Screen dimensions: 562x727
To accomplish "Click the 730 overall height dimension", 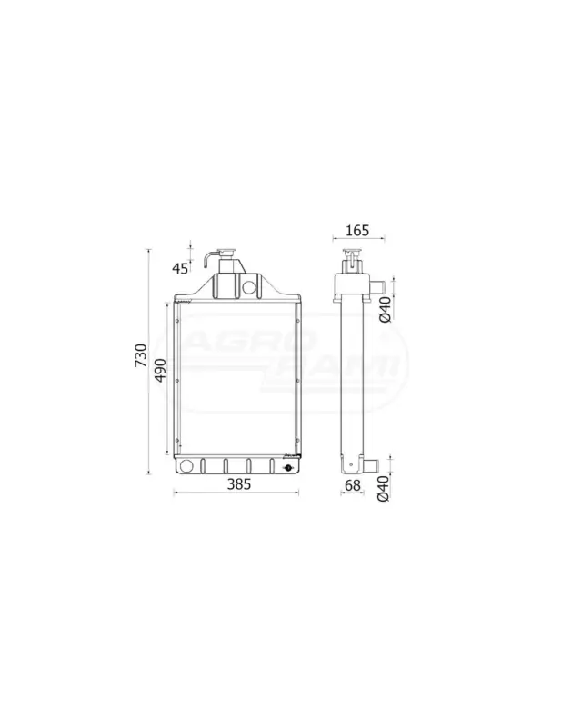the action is click(x=141, y=355).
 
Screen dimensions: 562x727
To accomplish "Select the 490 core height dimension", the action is click(x=160, y=370).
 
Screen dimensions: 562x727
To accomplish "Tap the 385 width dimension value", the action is click(x=239, y=484).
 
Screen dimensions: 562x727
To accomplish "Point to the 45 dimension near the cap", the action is click(x=180, y=268).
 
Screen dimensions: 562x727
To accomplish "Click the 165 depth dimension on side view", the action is click(x=357, y=230).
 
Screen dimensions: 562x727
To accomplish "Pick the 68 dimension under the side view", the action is click(x=353, y=485).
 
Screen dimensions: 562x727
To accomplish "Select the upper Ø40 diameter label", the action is click(x=385, y=310).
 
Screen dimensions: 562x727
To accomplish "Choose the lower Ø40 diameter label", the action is click(x=384, y=489).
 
